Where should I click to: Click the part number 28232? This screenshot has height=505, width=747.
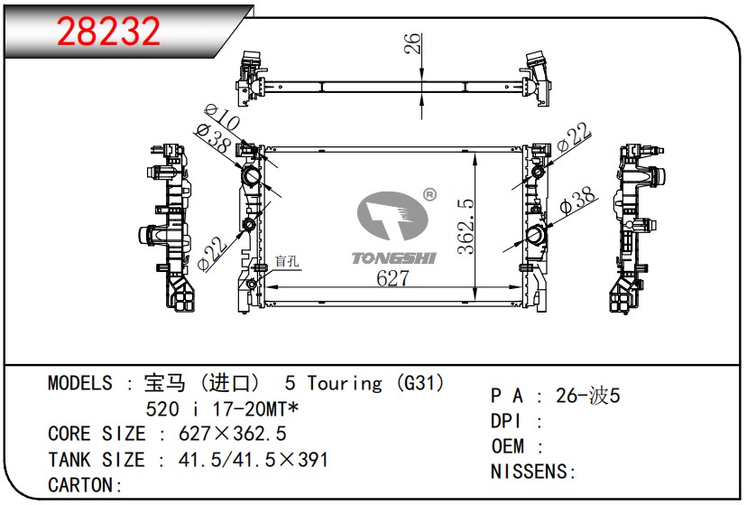(x=109, y=31)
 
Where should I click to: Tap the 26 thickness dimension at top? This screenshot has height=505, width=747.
(x=412, y=43)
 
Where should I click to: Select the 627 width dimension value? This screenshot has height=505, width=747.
(x=393, y=279)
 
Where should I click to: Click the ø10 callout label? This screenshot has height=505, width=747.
(x=220, y=119)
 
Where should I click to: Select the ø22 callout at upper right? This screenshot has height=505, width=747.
(x=573, y=138)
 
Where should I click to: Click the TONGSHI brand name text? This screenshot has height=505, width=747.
(x=392, y=258)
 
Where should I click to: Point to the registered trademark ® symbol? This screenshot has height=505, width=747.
(x=429, y=193)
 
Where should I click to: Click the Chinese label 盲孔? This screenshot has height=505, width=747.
(x=288, y=261)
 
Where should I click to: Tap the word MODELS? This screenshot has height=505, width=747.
(x=80, y=383)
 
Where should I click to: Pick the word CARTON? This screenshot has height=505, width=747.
(x=80, y=485)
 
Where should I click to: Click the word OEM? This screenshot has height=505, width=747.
(x=510, y=446)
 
